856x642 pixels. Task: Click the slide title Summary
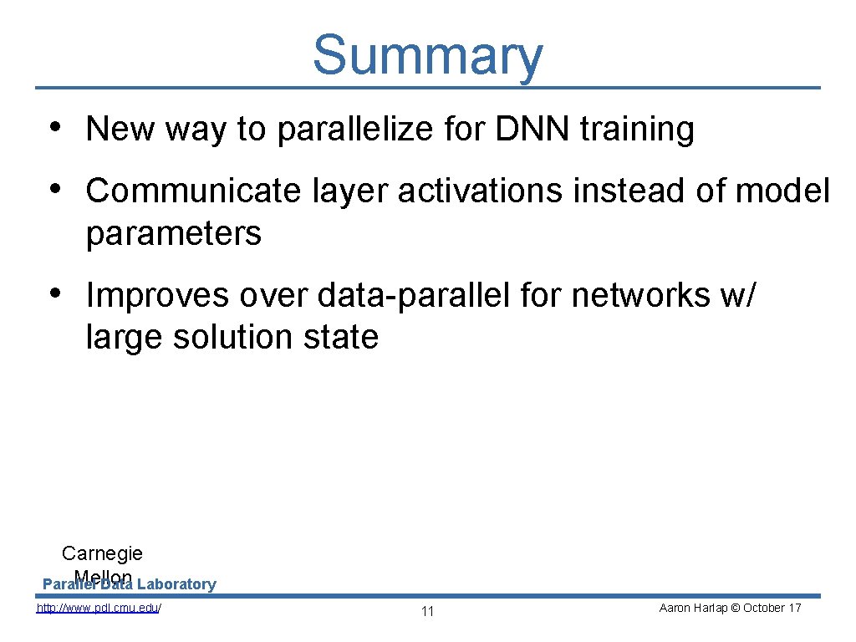(x=427, y=55)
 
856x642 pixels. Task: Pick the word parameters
(x=173, y=234)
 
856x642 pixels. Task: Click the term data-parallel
(x=420, y=295)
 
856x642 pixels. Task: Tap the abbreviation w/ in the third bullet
(x=741, y=295)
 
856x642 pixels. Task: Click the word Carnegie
(x=102, y=553)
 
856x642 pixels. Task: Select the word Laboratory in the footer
(x=176, y=584)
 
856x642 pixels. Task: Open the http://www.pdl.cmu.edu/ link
(x=99, y=608)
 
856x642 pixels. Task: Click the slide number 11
(x=427, y=612)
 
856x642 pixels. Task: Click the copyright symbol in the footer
(x=735, y=608)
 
